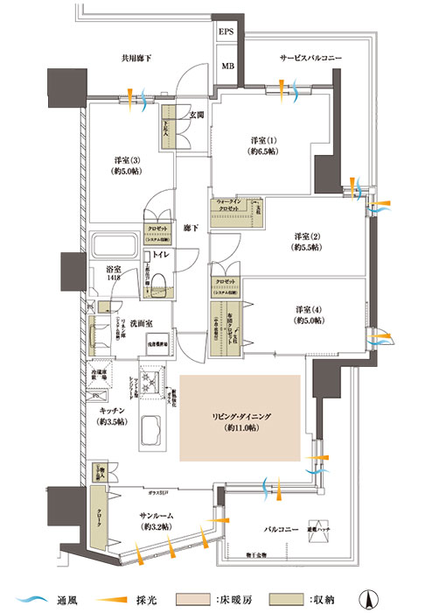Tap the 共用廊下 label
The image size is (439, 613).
pyautogui.click(x=138, y=59)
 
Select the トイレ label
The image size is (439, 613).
pyautogui.click(x=163, y=255)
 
